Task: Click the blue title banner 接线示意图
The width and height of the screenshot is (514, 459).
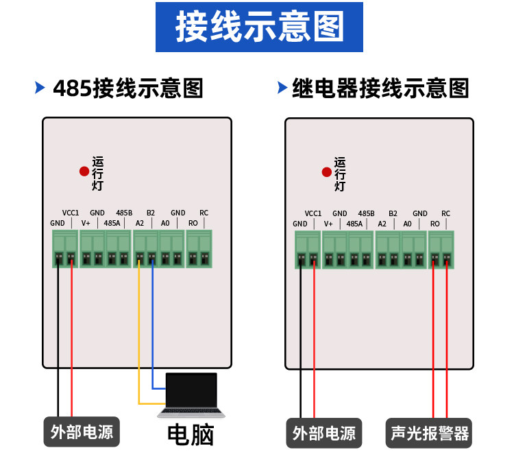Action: [x=259, y=27]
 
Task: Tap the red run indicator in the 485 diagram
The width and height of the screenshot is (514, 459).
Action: [x=84, y=172]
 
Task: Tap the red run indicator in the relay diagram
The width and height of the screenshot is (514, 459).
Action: [x=327, y=172]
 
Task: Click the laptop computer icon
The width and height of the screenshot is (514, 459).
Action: [x=191, y=395]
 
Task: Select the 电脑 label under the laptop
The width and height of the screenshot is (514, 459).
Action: [x=191, y=435]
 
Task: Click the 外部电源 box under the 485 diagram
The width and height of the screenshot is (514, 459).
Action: [x=82, y=432]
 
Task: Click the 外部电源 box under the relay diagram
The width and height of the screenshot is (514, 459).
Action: [x=324, y=433]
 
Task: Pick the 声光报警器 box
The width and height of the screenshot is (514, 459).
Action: [x=429, y=433]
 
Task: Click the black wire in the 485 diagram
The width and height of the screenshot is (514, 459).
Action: [x=58, y=338]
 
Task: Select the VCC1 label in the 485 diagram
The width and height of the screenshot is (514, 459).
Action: [x=71, y=213]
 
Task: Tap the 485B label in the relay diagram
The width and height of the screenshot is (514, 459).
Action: [x=366, y=213]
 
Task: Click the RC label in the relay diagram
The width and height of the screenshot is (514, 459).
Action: [x=446, y=213]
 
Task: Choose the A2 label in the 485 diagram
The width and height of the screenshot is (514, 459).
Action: [x=140, y=223]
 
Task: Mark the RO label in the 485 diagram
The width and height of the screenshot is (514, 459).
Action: [x=193, y=223]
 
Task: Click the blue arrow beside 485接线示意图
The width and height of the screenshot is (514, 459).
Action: [x=40, y=88]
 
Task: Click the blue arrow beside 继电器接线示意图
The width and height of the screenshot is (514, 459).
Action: [x=282, y=88]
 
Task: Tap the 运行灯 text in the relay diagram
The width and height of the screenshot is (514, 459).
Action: [x=340, y=174]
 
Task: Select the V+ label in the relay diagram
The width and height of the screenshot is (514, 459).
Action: [x=328, y=224]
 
